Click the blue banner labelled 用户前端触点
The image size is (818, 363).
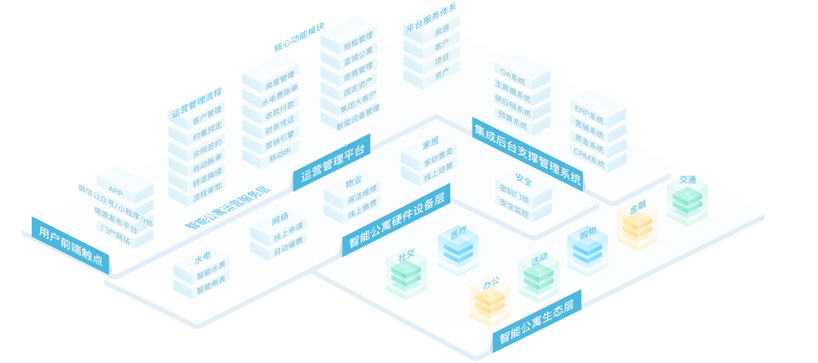click(x=71, y=246)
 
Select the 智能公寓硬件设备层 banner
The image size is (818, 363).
click(x=396, y=220)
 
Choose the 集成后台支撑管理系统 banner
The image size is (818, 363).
click(x=527, y=154)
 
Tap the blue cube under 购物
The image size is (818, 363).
click(x=587, y=253)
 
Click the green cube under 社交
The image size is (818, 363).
click(x=406, y=277)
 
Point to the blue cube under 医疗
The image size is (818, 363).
click(x=458, y=252)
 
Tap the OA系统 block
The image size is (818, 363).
click(x=513, y=77)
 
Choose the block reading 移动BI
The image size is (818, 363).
click(x=280, y=154)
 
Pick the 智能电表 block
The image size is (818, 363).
click(x=211, y=285)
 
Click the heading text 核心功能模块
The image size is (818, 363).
click(x=299, y=37)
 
